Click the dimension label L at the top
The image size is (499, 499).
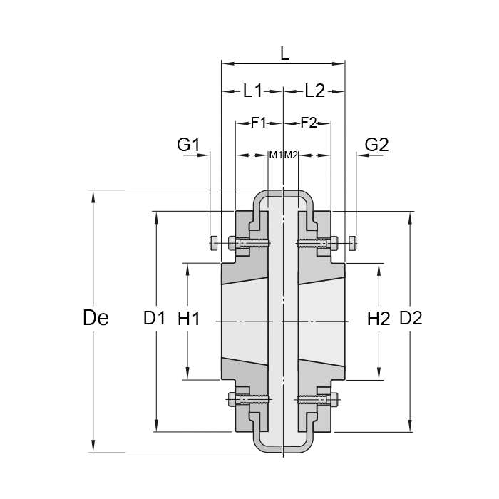[x=284, y=53]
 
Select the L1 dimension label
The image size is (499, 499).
[x=253, y=91]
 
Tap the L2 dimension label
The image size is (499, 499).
[x=314, y=91]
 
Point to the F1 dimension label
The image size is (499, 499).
[x=258, y=123]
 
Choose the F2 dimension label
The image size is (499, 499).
[x=308, y=123]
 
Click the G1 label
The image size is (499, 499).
[x=188, y=145]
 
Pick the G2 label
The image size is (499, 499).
[x=376, y=145]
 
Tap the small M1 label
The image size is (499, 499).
[x=275, y=155]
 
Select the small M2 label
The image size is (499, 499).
[x=291, y=155]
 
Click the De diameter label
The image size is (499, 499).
[x=96, y=318]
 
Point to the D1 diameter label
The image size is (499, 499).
[x=155, y=318]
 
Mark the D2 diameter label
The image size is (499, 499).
[x=411, y=318]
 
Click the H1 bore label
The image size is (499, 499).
[x=188, y=319]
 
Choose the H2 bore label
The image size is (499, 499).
[x=379, y=319]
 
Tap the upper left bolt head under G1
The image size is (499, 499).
[x=212, y=243]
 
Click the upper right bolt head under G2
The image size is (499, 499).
[x=355, y=243]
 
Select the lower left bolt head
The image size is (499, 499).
[x=232, y=399]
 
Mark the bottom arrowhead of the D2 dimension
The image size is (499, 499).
[x=411, y=426]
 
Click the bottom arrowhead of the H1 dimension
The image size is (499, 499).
[x=188, y=375]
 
